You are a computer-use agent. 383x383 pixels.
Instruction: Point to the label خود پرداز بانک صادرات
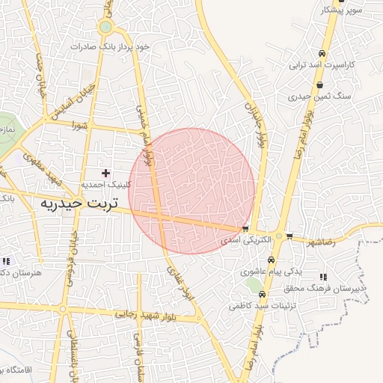(111, 46)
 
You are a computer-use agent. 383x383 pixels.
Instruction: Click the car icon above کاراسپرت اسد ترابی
(321, 54)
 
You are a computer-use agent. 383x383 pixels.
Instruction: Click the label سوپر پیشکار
(342, 10)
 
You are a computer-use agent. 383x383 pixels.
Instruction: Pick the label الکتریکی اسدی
(240, 241)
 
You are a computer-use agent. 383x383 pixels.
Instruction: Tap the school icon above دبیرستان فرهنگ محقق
(323, 277)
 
